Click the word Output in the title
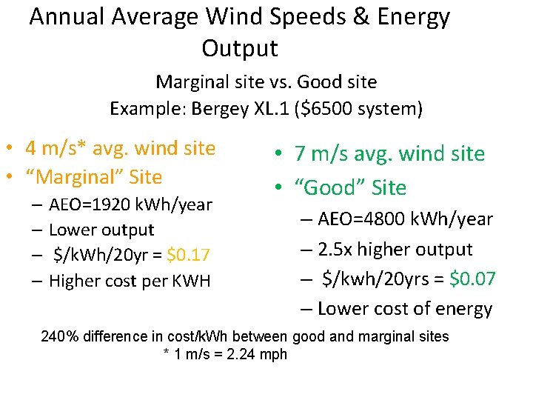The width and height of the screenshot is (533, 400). pos(239,48)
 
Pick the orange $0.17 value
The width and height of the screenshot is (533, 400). pos(189,256)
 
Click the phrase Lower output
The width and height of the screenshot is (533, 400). pos(101,230)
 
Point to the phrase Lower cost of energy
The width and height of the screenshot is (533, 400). pos(405,309)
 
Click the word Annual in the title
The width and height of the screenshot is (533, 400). pos(64,16)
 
